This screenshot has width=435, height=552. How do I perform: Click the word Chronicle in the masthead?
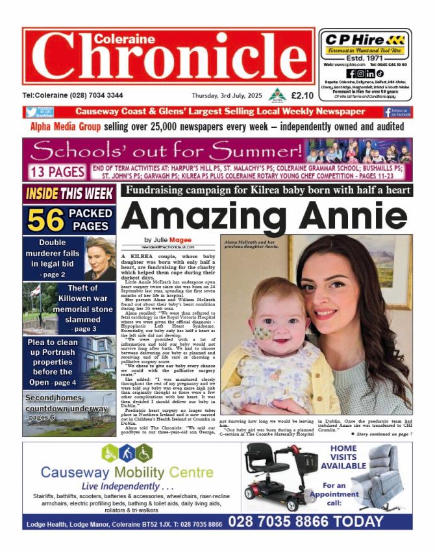168,62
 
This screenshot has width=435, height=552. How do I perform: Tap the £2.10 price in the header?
303,95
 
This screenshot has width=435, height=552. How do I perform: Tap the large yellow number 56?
45,221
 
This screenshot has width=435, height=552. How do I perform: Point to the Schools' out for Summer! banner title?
175,151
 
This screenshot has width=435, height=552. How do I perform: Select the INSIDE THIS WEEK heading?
69,193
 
